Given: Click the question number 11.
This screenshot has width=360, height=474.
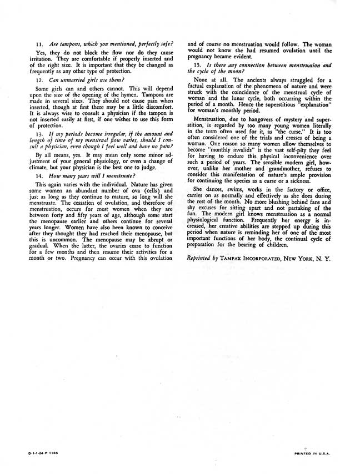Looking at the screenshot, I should pos(39,44).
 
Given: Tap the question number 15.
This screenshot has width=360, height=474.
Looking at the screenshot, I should pos(197,65).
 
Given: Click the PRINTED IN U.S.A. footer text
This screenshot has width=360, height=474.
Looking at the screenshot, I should pos(312,453).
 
